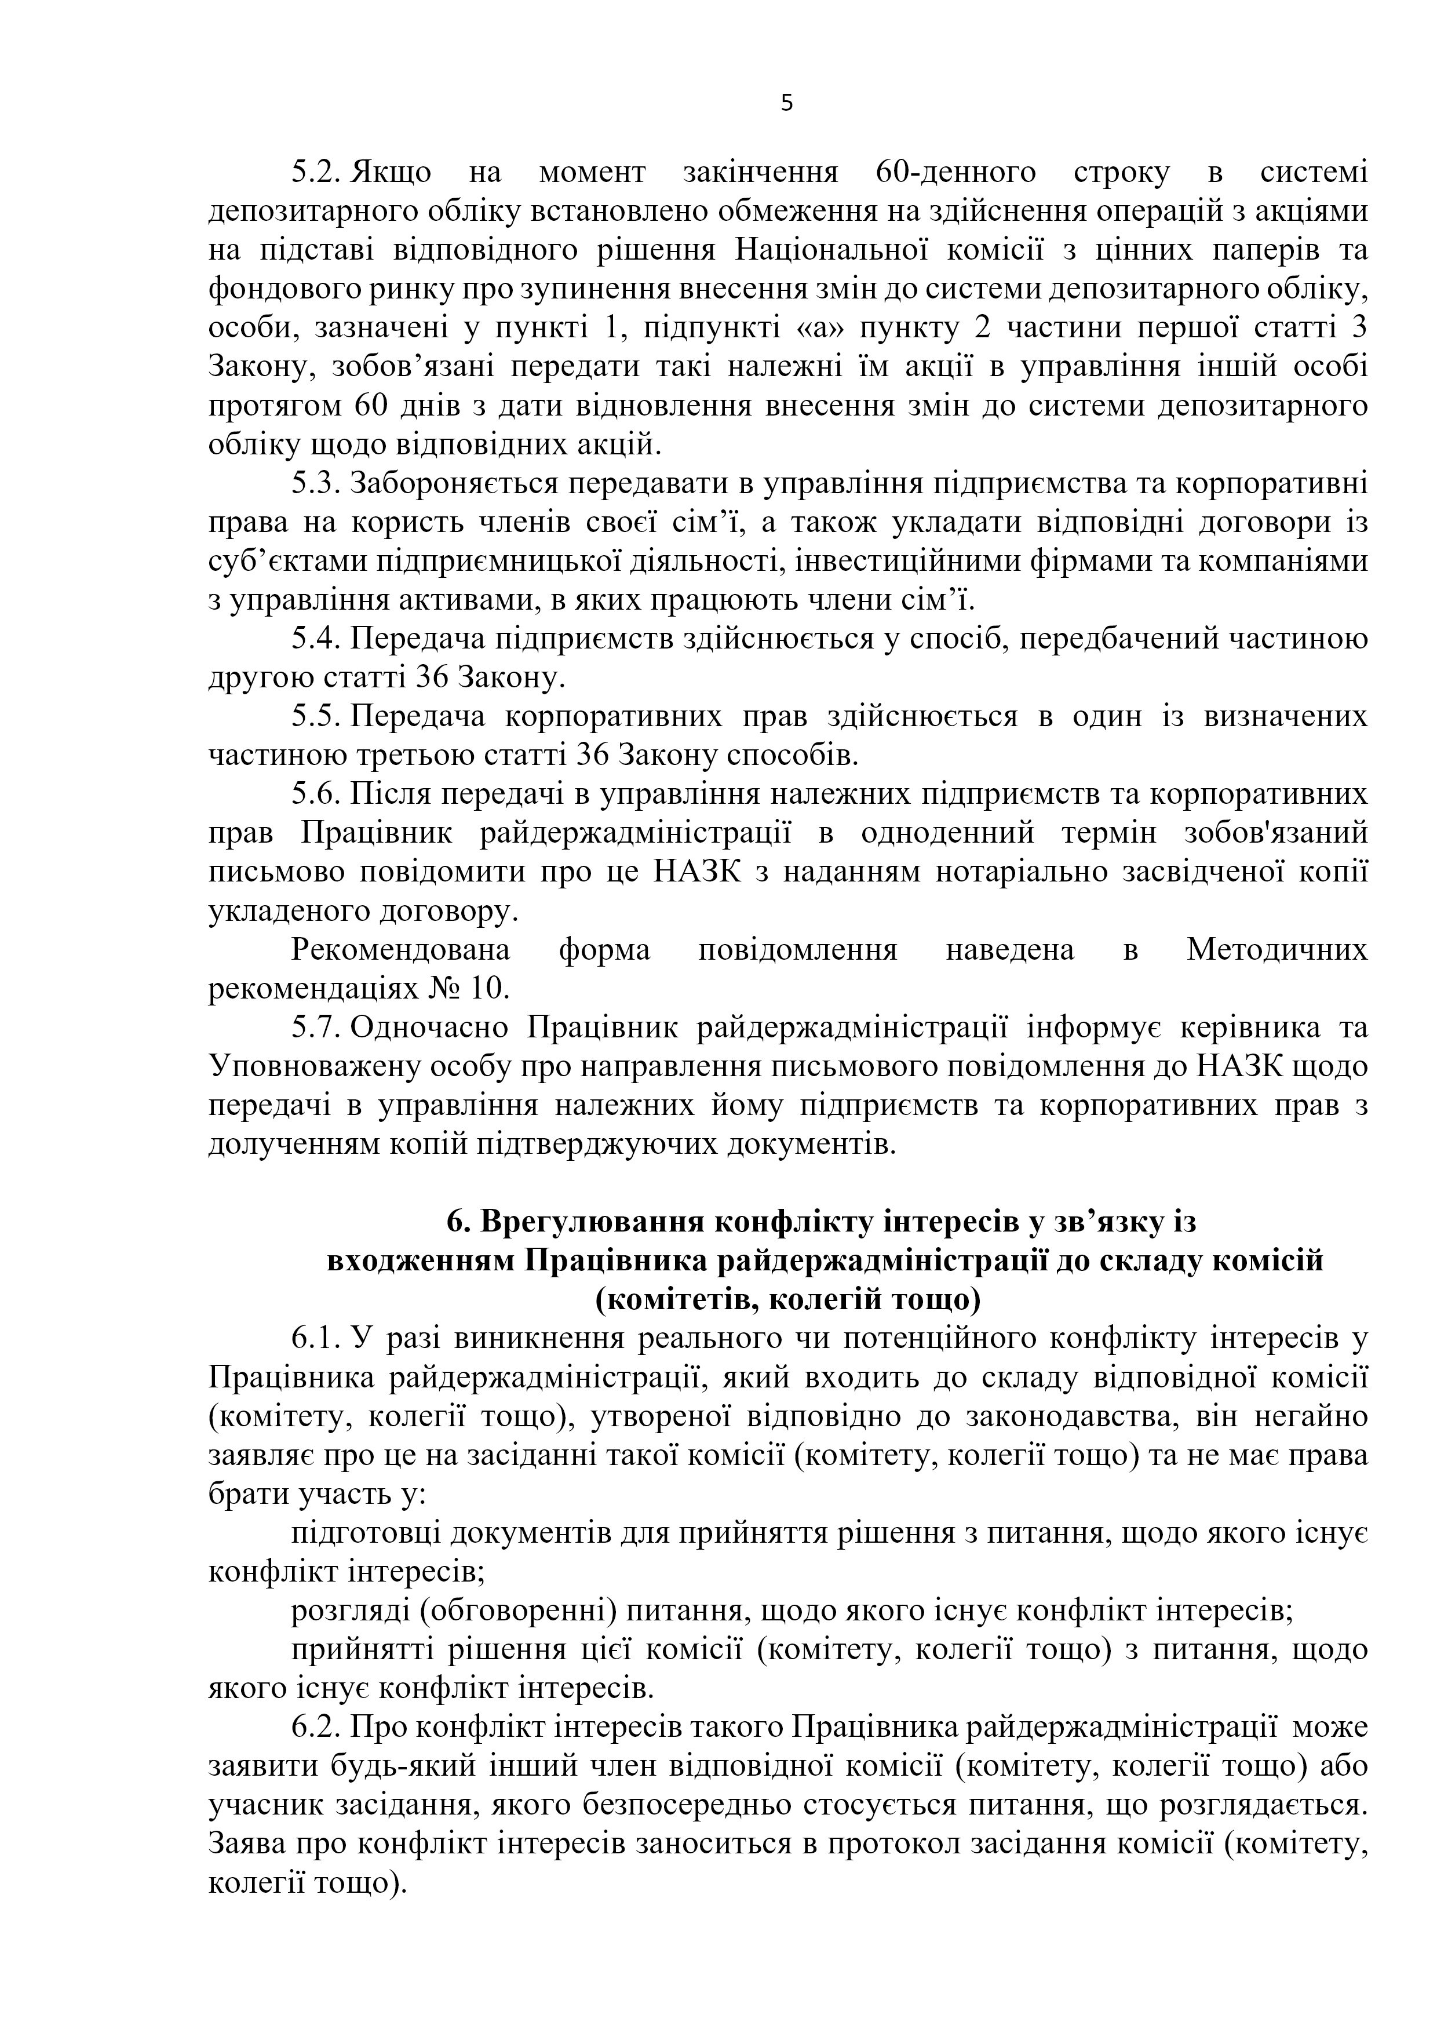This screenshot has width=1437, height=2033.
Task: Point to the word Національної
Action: [819, 250]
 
